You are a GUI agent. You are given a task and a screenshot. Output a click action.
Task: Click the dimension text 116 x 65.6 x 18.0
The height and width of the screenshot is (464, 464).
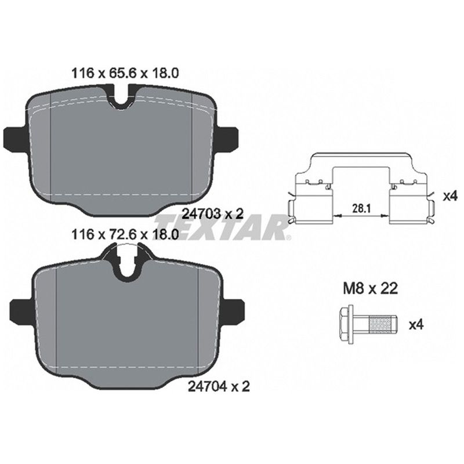(x=125, y=73)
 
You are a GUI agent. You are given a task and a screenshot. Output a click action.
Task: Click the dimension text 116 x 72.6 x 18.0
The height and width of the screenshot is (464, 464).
(x=125, y=235)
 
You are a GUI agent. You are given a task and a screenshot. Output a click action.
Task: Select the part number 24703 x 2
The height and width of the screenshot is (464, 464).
(x=212, y=213)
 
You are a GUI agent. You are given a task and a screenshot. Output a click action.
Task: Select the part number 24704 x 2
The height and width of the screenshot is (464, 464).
(x=219, y=386)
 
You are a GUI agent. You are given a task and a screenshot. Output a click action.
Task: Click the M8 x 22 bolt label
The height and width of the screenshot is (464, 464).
(x=370, y=288)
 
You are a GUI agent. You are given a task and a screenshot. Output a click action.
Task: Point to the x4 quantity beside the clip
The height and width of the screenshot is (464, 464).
(x=450, y=196)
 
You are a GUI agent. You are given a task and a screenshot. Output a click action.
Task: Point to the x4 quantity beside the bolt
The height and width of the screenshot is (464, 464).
(x=416, y=325)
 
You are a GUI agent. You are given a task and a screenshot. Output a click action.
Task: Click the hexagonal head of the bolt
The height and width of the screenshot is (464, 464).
(x=346, y=325)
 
